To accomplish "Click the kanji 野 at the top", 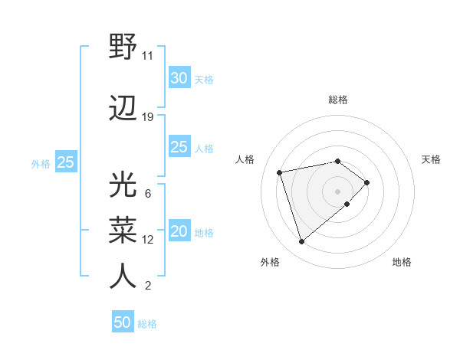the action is [123, 47].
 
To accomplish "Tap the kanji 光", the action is [123, 186].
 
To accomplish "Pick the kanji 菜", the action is [123, 231].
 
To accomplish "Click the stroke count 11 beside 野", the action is [147, 56].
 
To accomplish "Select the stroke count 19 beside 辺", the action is [148, 117].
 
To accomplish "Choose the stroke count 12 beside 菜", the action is [148, 240].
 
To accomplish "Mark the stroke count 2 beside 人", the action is [147, 286].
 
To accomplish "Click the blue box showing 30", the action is [179, 78].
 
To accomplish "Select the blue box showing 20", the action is [179, 232].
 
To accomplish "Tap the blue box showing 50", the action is [123, 322].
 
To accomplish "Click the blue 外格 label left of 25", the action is [41, 163].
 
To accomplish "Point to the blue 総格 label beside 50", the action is [147, 324].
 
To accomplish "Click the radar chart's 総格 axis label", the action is [337, 100].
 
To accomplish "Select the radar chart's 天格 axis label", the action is [432, 159].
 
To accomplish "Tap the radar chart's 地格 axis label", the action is [402, 263].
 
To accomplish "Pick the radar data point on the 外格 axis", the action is [301, 242].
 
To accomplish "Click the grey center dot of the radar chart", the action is [337, 191].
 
